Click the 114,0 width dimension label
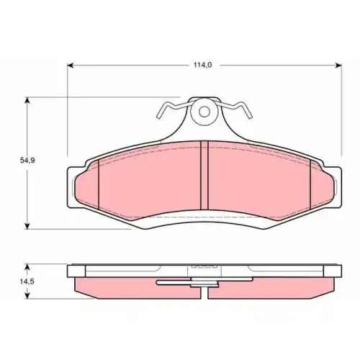click(203, 65)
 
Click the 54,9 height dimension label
click(27, 161)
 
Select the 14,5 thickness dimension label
click(27, 282)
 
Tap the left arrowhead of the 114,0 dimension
click(70, 65)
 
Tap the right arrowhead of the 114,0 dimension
click(338, 65)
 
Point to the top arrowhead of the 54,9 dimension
click(27, 100)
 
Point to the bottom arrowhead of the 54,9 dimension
click(27, 226)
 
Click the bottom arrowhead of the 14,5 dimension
click(27, 296)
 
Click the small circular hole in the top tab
click(204, 112)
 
